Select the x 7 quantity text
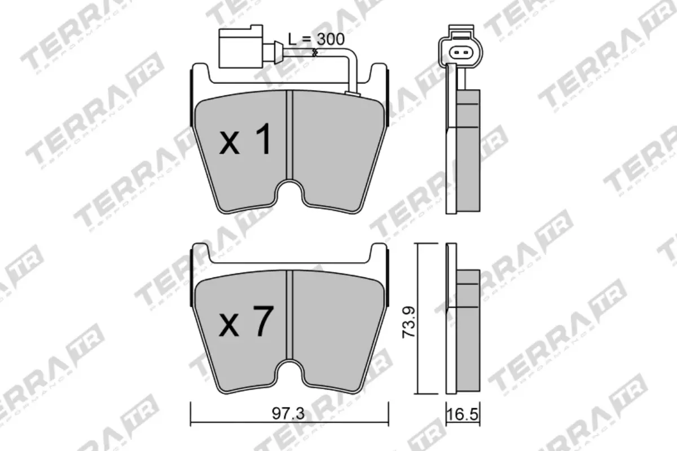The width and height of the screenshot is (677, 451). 245,322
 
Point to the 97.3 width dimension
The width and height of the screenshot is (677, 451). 288,414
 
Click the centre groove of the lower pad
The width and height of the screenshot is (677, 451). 290,316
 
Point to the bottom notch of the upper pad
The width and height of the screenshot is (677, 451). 290,192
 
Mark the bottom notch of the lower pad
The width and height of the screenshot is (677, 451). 290,372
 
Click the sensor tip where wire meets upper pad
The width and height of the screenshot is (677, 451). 353,93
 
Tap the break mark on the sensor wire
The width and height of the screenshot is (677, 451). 315,53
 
